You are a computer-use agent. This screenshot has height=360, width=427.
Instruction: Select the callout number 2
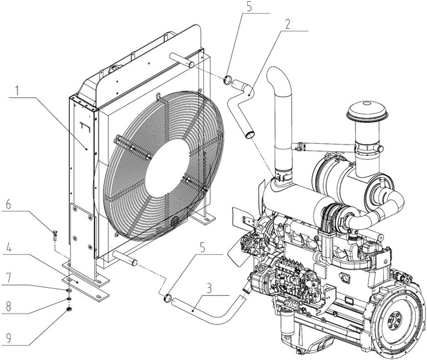click(x=288, y=25)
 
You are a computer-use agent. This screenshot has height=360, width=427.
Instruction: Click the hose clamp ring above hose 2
click(x=229, y=79)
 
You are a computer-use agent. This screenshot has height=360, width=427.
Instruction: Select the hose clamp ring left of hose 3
click(x=167, y=297)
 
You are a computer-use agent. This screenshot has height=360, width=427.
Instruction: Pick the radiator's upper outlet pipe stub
click(x=180, y=60)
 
